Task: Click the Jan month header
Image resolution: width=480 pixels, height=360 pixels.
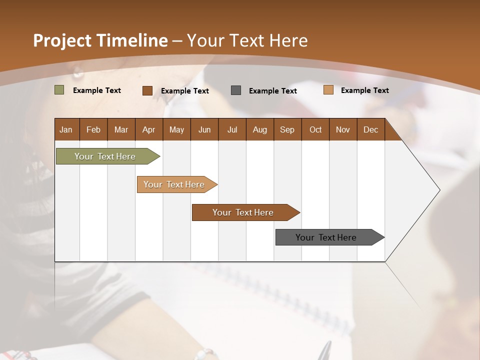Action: click(66, 129)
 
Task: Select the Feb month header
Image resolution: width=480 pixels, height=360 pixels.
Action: click(93, 129)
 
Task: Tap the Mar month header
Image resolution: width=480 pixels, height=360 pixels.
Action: click(121, 129)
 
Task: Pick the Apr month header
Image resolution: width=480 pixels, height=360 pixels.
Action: click(149, 129)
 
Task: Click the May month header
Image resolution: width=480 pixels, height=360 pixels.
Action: click(176, 129)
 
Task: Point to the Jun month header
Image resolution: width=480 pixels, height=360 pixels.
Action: click(204, 129)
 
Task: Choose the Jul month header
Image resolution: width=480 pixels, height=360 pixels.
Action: click(232, 129)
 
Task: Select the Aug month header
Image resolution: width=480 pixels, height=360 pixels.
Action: click(260, 129)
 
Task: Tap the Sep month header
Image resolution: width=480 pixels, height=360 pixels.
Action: click(287, 129)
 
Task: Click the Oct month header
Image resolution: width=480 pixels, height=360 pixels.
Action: click(315, 129)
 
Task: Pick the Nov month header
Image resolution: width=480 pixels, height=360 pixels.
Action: click(343, 129)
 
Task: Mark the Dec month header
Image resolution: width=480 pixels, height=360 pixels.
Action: click(371, 129)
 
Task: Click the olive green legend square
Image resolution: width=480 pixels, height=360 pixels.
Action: click(59, 90)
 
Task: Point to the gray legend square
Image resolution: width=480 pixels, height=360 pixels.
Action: click(236, 90)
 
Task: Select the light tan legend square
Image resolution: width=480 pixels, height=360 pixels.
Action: click(328, 90)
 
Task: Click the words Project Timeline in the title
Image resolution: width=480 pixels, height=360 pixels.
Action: click(100, 40)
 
